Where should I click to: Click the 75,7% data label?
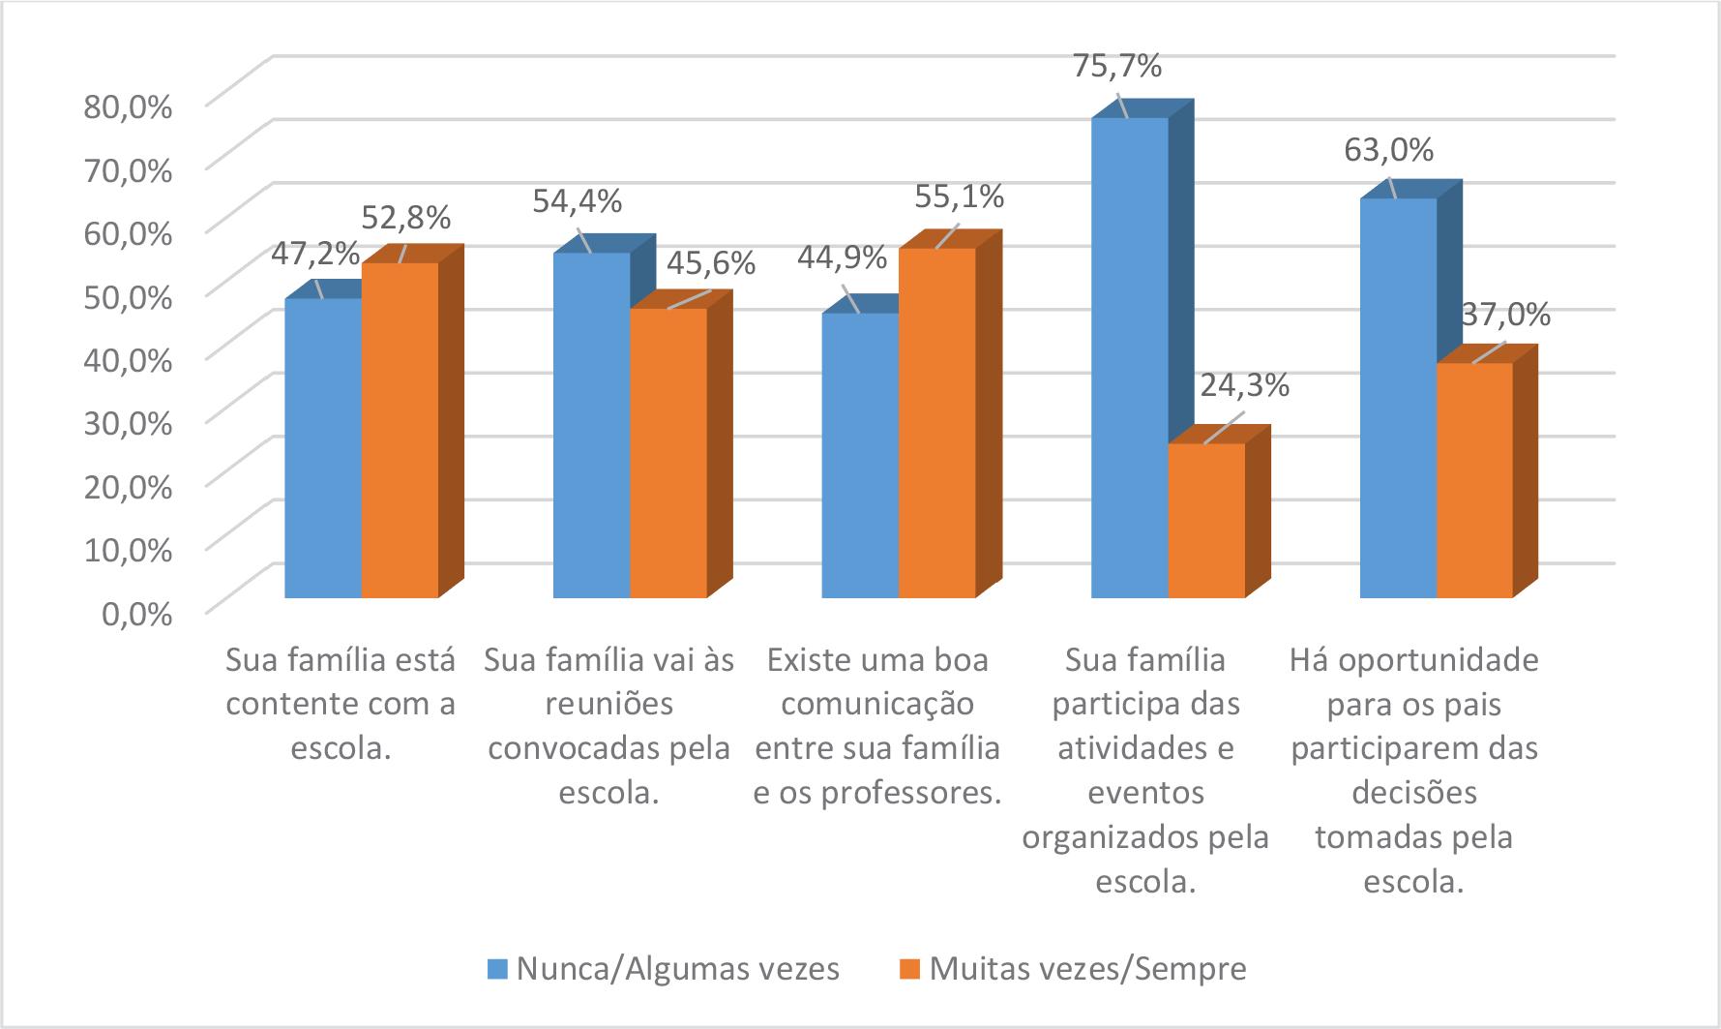1116,67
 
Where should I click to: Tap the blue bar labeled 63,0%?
1398,397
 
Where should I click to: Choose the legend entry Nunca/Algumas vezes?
677,968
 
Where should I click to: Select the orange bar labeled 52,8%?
400,430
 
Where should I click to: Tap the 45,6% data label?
710,263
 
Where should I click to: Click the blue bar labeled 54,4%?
591,425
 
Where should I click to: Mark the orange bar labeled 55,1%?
936,422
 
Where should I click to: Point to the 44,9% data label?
842,257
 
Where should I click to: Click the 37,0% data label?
1505,315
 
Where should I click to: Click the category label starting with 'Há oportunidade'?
1413,772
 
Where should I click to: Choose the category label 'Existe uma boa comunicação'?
876,726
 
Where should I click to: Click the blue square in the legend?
496,969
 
